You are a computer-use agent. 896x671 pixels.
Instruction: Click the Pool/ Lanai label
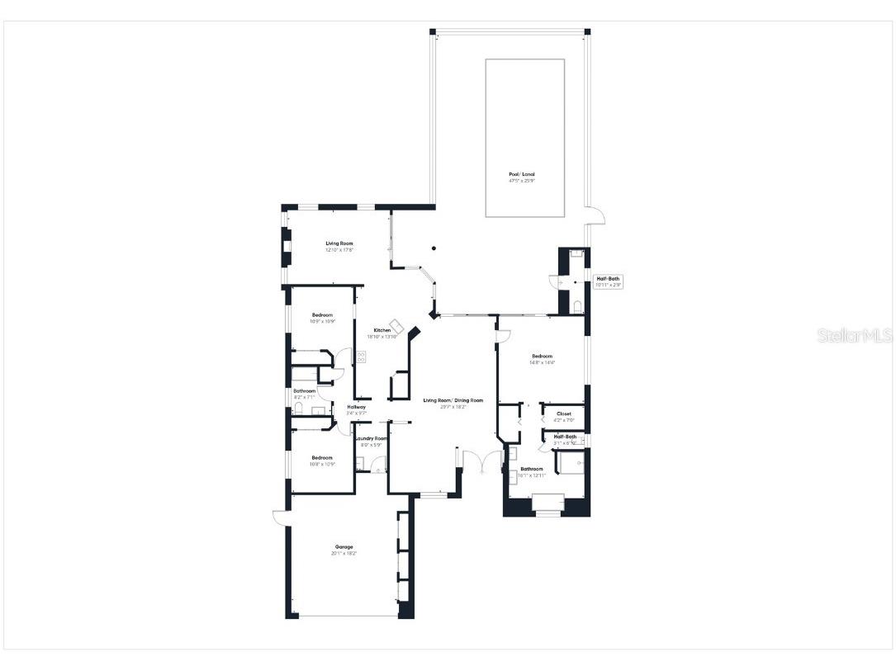click(521, 174)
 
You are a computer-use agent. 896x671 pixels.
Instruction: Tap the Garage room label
click(344, 546)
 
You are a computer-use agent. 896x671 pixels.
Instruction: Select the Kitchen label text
click(382, 330)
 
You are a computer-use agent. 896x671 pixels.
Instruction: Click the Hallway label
click(356, 407)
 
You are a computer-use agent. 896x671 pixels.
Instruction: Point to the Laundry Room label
click(371, 438)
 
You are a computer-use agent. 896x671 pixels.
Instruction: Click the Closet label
click(563, 413)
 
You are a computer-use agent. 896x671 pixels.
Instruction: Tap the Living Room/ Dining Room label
click(453, 400)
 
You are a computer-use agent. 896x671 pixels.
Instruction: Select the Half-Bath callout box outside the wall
click(608, 281)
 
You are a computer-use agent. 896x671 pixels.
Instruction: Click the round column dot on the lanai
click(434, 247)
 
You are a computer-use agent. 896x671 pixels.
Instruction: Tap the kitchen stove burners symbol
click(361, 357)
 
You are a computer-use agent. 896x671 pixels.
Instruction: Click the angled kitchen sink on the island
click(396, 325)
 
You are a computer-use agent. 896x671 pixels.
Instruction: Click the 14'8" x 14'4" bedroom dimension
click(542, 362)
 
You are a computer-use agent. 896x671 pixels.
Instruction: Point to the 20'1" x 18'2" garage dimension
click(344, 553)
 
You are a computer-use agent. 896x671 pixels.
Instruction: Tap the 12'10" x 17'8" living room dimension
click(339, 250)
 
